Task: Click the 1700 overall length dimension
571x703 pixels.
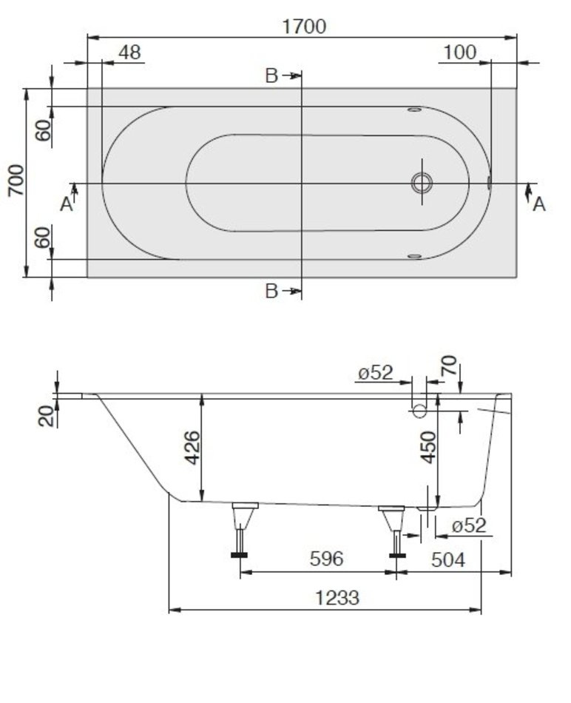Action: point(304,27)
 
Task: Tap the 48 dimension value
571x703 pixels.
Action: point(129,53)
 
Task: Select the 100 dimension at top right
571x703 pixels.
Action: point(459,53)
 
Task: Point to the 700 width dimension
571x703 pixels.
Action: point(16,181)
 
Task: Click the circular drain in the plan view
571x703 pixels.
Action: point(422,183)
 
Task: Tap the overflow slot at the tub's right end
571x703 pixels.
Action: point(489,183)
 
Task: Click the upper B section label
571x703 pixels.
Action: point(271,75)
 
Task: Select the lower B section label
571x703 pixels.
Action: point(271,291)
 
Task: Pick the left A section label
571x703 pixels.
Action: point(67,204)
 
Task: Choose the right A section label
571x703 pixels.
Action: point(538,204)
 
